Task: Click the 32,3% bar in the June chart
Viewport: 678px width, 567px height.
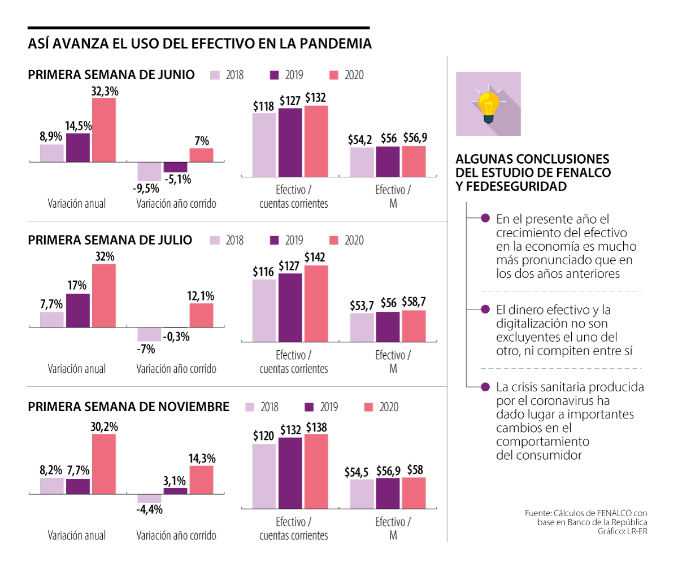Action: point(104,130)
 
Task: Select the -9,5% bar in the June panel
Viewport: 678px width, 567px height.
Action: point(149,171)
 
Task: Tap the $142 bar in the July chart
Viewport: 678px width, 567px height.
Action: point(316,303)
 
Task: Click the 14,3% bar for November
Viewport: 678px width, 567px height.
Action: point(201,479)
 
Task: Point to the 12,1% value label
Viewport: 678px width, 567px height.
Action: point(201,296)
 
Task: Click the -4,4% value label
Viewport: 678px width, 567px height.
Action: point(149,509)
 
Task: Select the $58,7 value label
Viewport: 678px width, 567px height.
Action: point(414,303)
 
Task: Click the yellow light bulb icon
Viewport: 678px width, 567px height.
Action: point(488,105)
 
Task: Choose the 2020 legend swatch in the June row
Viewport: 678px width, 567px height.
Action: point(333,75)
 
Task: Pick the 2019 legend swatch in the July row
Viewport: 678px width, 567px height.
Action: point(275,240)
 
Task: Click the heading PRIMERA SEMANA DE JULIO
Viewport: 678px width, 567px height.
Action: point(110,240)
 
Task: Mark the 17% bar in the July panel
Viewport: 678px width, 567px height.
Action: point(78,311)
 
